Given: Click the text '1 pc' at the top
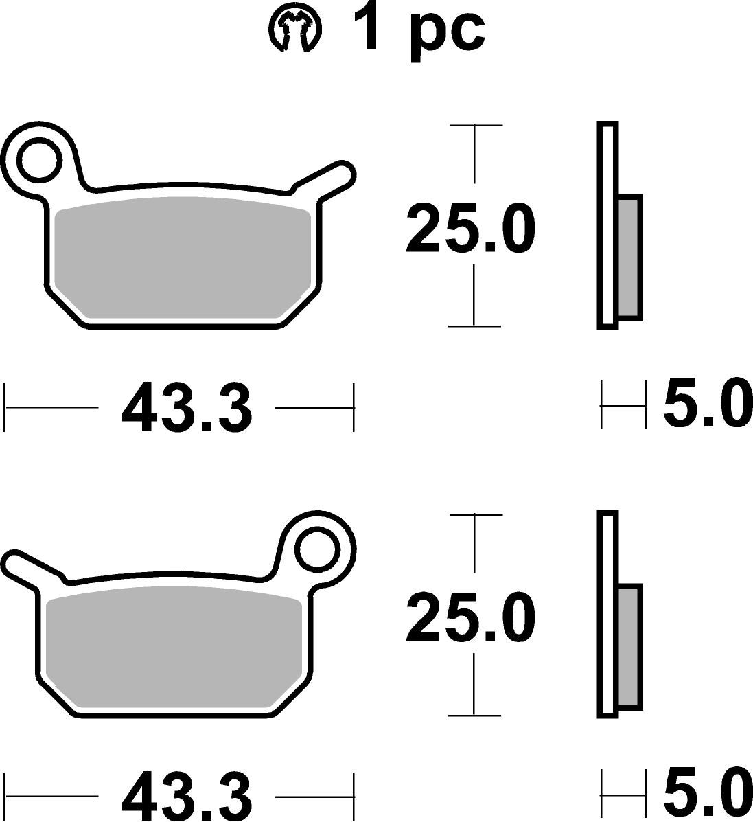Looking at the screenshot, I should coord(419,29).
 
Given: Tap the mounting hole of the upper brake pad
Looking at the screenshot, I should coord(39,160).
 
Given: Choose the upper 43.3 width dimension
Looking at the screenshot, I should coord(187,409).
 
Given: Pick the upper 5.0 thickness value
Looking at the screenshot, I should coord(704,404).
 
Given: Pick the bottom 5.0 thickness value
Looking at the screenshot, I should coord(704,793).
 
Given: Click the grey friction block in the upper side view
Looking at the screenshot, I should coord(629,258).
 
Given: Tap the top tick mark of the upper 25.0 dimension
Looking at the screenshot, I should coord(475,126).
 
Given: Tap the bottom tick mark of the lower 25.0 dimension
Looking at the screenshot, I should coord(474,715).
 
